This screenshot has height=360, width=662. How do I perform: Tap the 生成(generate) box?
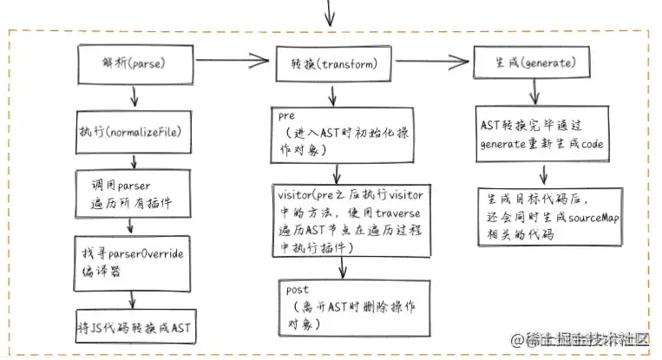[x=530, y=64]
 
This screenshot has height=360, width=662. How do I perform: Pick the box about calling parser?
[x=133, y=195]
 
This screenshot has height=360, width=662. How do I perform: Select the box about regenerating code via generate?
[x=541, y=134]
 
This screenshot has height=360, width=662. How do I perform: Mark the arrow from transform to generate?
[x=438, y=62]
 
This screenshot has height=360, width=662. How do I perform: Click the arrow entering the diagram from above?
[x=329, y=12]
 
